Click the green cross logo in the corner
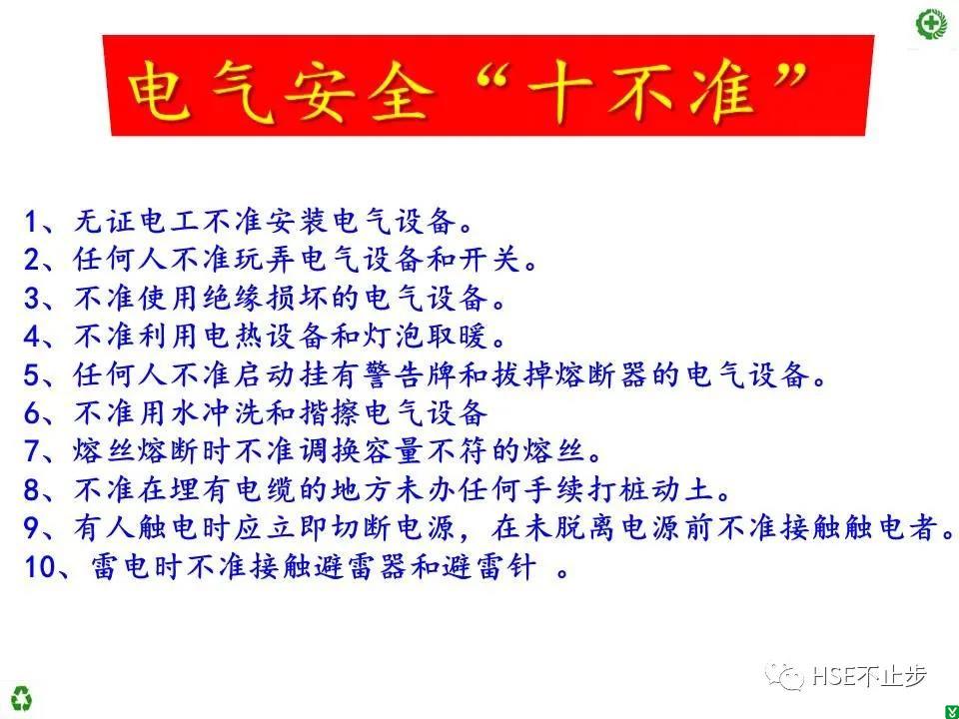pos(930,24)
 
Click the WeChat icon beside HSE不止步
pos(785,676)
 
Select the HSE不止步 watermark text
pos(869,676)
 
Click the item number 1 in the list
pos(31,222)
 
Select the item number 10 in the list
pos(40,567)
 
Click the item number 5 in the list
pos(31,375)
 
